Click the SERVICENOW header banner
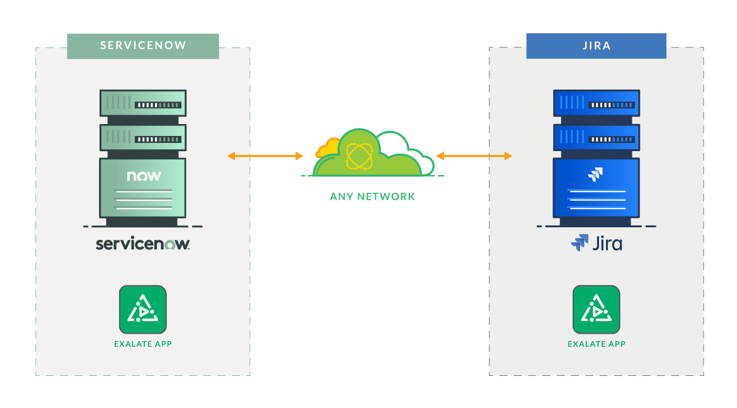tap(143, 46)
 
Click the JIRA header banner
tap(596, 46)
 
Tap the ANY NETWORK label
tap(372, 196)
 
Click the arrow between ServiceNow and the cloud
tap(265, 156)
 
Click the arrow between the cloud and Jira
tap(474, 156)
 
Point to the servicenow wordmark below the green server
tap(143, 244)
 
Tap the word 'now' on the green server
tap(144, 176)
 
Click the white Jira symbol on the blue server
tap(595, 174)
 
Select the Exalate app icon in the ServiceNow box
tap(143, 310)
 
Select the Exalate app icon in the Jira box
tap(596, 310)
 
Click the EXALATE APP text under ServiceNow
tap(143, 344)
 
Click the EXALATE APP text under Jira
tap(596, 344)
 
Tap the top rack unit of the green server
tap(143, 103)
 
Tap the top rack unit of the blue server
tap(596, 103)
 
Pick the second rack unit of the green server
tap(143, 137)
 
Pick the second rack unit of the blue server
tap(596, 137)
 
